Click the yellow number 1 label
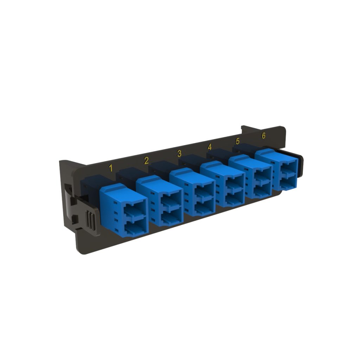(111, 168)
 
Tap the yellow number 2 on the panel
(146, 161)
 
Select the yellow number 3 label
(179, 153)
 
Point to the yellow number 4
(210, 147)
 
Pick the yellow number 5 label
(238, 141)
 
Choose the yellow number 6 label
(264, 135)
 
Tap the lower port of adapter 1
(135, 229)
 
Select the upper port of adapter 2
(170, 205)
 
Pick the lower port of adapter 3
(203, 210)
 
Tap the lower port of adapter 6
(288, 184)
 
